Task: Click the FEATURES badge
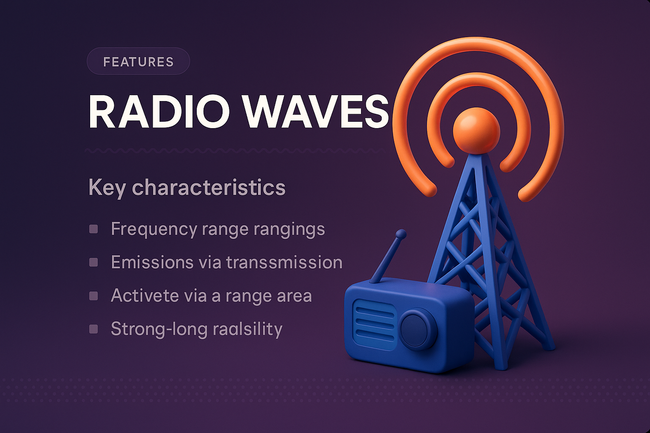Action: pos(138,62)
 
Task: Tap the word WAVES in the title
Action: pos(316,112)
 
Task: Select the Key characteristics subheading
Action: pos(187,187)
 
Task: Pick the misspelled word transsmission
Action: pos(284,262)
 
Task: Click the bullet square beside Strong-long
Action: pos(94,329)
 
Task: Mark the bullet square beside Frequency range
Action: pos(94,229)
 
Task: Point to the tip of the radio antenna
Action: pos(401,234)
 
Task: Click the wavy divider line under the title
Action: pos(235,150)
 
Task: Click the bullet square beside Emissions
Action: pos(94,262)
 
